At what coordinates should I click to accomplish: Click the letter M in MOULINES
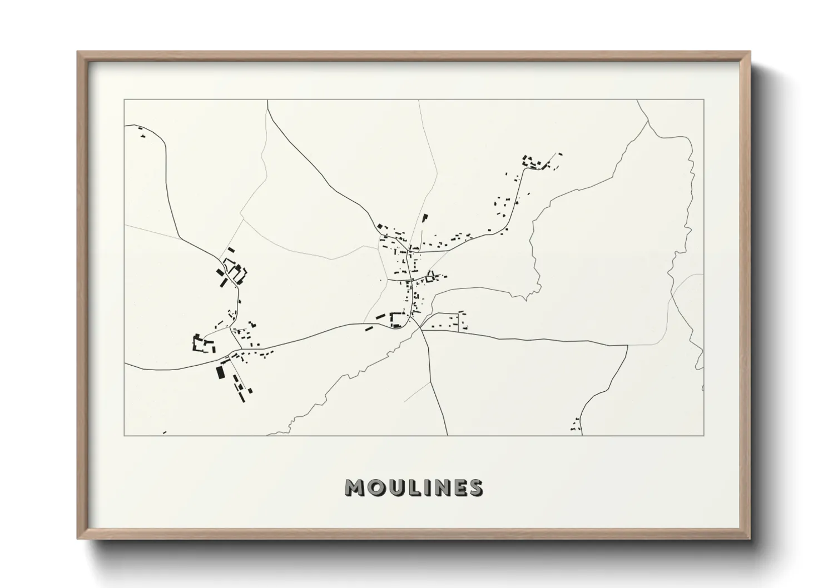(355, 487)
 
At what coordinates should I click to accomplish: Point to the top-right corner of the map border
(704, 99)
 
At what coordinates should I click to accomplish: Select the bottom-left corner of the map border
(125, 435)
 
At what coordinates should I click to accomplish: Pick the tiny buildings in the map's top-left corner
(141, 132)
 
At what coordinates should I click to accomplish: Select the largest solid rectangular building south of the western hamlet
(220, 371)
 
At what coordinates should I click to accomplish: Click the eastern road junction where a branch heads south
(628, 345)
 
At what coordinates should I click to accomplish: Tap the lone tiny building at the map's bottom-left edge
(164, 432)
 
